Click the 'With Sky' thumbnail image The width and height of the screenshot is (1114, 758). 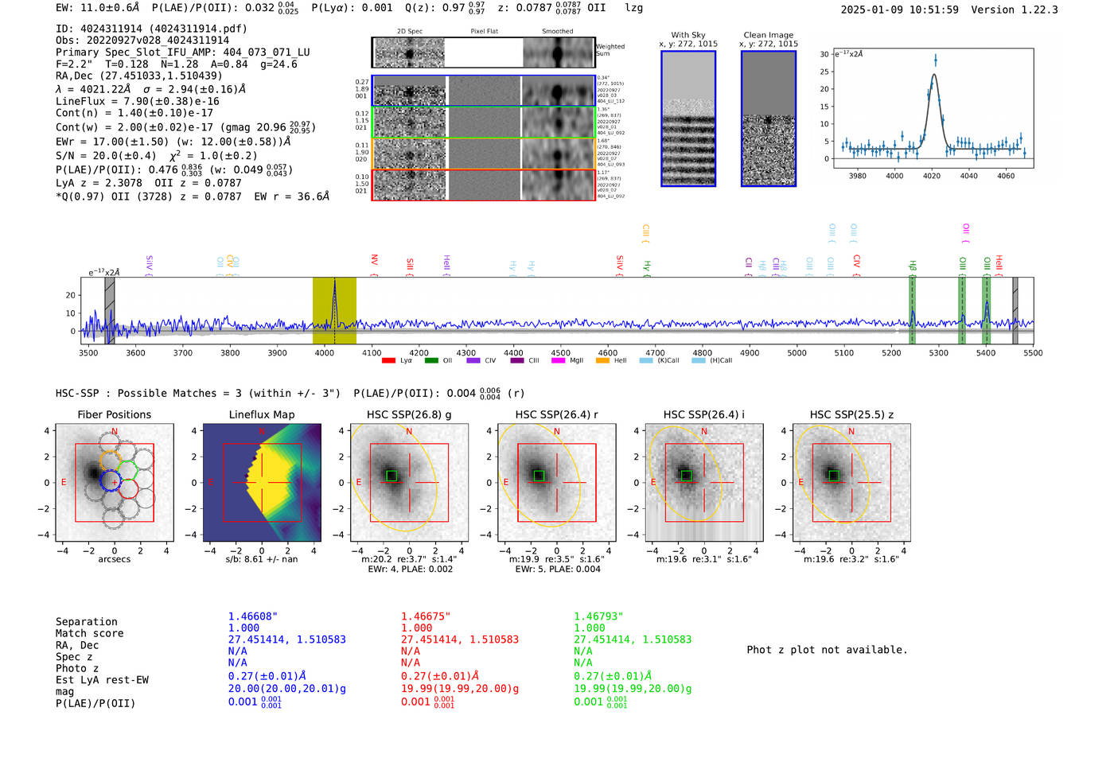[x=688, y=119]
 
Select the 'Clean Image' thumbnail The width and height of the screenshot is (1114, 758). [x=768, y=119]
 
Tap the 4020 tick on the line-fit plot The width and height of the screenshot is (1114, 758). [x=932, y=175]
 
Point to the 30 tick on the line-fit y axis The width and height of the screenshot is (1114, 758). [x=824, y=54]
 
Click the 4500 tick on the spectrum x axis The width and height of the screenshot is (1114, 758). [x=561, y=353]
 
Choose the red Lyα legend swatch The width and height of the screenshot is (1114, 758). [x=388, y=360]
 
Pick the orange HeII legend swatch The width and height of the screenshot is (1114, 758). [x=602, y=360]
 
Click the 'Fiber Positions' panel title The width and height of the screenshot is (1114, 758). [x=114, y=414]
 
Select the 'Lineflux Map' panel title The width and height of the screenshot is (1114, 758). [x=262, y=414]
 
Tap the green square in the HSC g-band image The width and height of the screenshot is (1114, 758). [x=391, y=476]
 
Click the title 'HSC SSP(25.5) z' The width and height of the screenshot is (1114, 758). [x=851, y=414]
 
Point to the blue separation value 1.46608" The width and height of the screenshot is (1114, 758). [x=252, y=616]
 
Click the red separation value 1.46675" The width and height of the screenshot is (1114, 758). [x=425, y=616]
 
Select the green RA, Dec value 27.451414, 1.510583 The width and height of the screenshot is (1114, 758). [x=633, y=639]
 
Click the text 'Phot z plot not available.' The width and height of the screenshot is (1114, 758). [x=827, y=650]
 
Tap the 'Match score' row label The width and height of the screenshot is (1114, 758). [x=89, y=633]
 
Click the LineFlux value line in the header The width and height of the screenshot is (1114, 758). [x=137, y=101]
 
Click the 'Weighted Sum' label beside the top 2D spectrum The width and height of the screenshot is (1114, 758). [x=610, y=50]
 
